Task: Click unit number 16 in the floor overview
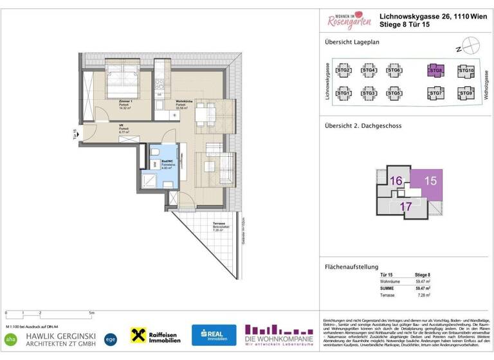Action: (x=396, y=182)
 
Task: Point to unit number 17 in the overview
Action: (x=406, y=207)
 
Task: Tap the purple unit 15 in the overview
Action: (x=430, y=181)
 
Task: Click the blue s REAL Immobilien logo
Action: (x=214, y=335)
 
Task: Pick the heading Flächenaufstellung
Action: (x=351, y=267)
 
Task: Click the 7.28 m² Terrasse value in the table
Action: (x=423, y=296)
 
